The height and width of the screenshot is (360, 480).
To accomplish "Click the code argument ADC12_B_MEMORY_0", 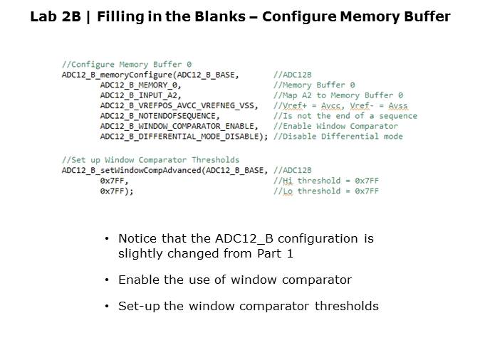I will coord(140,84).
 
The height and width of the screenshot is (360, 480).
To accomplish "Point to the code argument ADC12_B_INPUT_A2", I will coord(140,95).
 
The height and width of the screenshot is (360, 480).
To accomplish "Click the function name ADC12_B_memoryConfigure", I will coord(116,74).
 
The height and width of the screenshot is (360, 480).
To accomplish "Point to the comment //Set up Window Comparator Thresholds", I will coord(150,159).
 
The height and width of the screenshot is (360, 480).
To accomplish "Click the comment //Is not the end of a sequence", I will coord(345,115).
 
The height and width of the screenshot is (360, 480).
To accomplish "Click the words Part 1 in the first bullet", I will coord(272,253).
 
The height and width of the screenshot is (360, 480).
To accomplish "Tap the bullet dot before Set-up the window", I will coord(107,307).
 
